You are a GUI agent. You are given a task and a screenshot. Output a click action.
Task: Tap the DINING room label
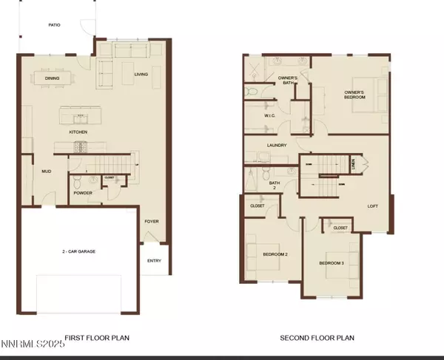[52, 78]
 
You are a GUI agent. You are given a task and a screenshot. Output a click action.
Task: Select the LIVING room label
[141, 75]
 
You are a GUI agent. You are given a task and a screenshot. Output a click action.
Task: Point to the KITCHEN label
[78, 132]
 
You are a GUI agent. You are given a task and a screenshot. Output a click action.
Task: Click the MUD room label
[47, 171]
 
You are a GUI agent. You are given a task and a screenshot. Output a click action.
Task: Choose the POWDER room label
[83, 194]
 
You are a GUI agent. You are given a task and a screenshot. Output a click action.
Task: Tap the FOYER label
[151, 220]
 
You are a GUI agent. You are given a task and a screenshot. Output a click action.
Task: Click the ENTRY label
[154, 260]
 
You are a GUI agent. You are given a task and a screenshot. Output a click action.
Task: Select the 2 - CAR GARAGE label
[79, 251]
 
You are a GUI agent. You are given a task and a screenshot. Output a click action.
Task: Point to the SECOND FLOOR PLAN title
[317, 338]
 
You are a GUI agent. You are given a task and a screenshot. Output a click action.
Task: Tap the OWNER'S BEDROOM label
[354, 95]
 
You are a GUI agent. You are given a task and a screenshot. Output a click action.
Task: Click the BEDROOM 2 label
[275, 255]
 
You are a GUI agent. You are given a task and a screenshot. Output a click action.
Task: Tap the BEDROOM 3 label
[332, 263]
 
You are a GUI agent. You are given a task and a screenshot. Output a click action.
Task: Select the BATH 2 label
[274, 185]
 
